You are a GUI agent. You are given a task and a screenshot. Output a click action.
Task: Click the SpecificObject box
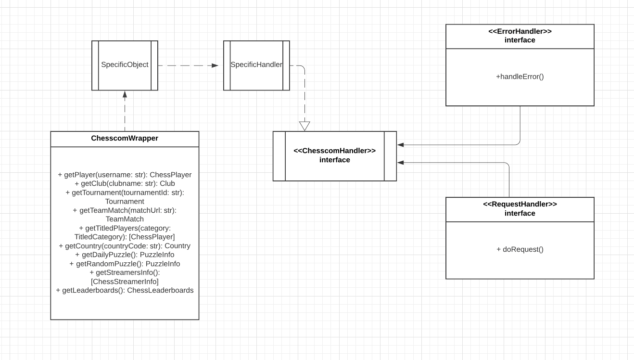point(125,65)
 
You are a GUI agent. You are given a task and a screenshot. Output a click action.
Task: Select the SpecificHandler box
point(256,65)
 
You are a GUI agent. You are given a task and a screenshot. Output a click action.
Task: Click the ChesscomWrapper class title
point(125,138)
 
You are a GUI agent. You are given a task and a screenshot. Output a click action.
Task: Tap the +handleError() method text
point(520,77)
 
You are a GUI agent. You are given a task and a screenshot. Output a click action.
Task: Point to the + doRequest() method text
point(520,249)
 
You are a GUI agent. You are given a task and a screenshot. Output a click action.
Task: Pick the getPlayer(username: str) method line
point(125,175)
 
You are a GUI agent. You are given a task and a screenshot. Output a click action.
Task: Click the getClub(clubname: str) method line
point(125,183)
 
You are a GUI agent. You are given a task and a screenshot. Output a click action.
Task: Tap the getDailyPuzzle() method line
point(125,255)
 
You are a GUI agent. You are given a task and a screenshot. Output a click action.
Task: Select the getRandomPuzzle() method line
point(125,264)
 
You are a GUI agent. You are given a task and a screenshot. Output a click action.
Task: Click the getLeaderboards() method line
point(125,290)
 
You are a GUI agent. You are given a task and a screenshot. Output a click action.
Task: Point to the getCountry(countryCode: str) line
point(125,246)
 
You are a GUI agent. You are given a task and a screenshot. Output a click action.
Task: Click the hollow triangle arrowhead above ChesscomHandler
point(304,126)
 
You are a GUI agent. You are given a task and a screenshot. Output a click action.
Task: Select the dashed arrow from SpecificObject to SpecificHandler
point(188,65)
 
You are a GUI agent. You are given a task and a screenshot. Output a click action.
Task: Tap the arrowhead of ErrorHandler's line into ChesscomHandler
point(400,144)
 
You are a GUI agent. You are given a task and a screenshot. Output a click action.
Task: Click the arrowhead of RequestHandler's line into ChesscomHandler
point(400,163)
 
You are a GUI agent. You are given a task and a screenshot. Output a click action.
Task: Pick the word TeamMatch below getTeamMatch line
point(125,219)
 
